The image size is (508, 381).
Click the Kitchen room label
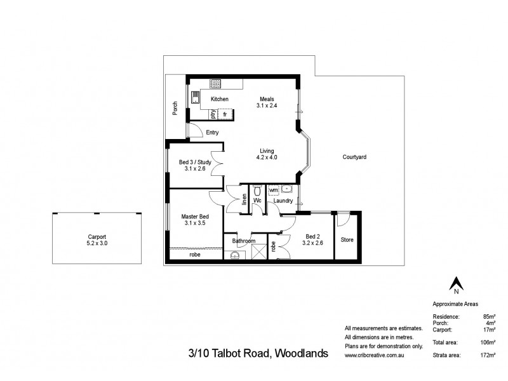click(x=220, y=99)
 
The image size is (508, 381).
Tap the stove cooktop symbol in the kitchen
click(x=216, y=82)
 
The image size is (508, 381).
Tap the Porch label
click(x=175, y=109)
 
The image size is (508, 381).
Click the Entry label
click(x=212, y=132)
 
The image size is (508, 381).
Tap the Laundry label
click(x=283, y=201)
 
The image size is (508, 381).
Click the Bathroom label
click(x=243, y=241)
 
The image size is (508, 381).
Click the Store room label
click(x=347, y=240)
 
